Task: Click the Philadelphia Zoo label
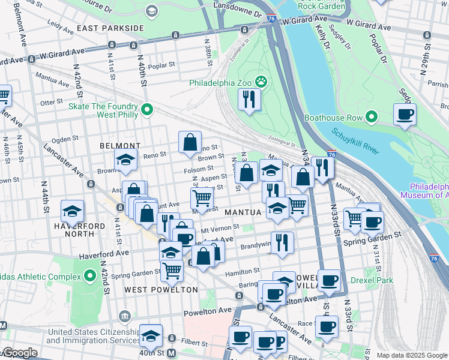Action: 221,82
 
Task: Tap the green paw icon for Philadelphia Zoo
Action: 261,81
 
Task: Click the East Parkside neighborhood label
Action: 110,28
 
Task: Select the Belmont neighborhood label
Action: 120,146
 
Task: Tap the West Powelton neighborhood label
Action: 161,290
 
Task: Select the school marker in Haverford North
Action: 72,211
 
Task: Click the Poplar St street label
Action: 161,65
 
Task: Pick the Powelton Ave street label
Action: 212,311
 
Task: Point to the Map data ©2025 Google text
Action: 412,355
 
